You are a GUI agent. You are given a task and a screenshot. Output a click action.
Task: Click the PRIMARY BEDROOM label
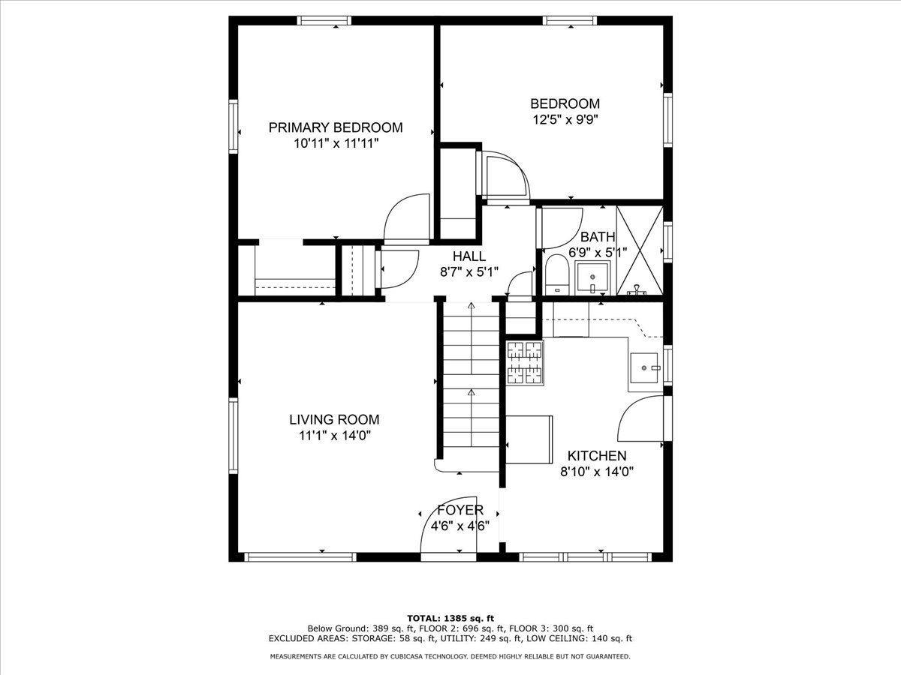click(x=336, y=127)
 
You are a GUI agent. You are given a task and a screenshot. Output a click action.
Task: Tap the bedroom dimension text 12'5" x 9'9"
click(x=565, y=120)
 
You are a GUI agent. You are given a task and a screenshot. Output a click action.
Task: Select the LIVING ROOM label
click(x=334, y=420)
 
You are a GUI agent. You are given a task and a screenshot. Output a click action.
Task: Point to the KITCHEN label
click(x=597, y=456)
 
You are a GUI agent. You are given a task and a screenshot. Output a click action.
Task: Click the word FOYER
click(x=460, y=510)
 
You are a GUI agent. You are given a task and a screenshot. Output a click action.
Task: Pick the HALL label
click(x=469, y=256)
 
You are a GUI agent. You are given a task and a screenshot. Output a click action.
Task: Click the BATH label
click(x=598, y=237)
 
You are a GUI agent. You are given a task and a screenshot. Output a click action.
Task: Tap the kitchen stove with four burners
click(x=525, y=363)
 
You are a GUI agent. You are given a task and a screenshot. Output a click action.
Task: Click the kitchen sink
click(x=645, y=367)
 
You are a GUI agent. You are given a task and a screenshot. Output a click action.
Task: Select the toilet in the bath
click(x=557, y=274)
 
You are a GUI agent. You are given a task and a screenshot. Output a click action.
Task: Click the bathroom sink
click(x=592, y=277)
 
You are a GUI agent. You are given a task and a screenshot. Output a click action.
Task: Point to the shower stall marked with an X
click(x=640, y=250)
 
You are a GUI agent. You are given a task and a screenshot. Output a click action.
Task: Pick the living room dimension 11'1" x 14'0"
click(x=335, y=436)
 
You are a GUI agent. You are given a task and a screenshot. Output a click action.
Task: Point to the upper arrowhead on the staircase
click(x=472, y=305)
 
